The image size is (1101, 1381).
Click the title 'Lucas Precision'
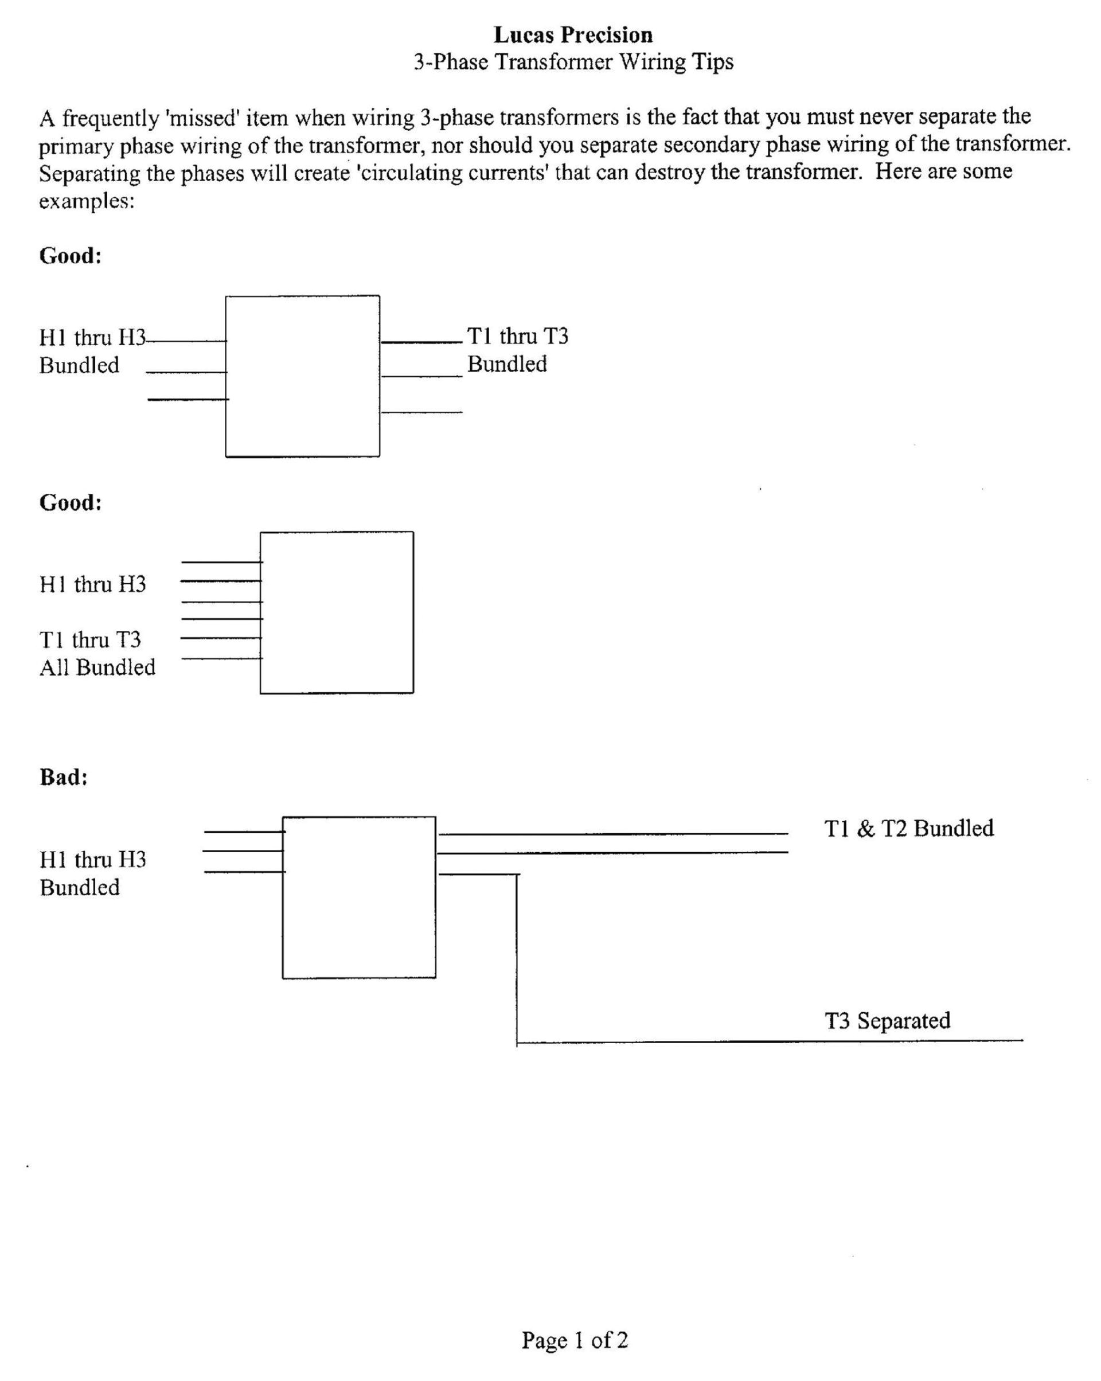tap(573, 34)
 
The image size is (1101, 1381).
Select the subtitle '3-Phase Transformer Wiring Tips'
tap(573, 62)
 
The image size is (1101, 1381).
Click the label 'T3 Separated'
tap(887, 1020)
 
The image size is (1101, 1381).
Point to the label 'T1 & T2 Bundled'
tap(908, 828)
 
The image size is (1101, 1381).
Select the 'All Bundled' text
tap(97, 668)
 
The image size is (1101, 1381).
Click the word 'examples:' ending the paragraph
tap(87, 201)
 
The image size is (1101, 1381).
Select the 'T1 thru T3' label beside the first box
tap(517, 336)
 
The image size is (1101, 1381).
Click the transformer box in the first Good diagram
tap(302, 376)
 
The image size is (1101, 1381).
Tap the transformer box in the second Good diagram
tap(336, 613)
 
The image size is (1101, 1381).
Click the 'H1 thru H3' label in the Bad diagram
tap(93, 859)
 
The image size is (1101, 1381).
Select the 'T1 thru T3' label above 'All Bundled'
tap(90, 639)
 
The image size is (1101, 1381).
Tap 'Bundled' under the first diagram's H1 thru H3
tap(79, 365)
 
